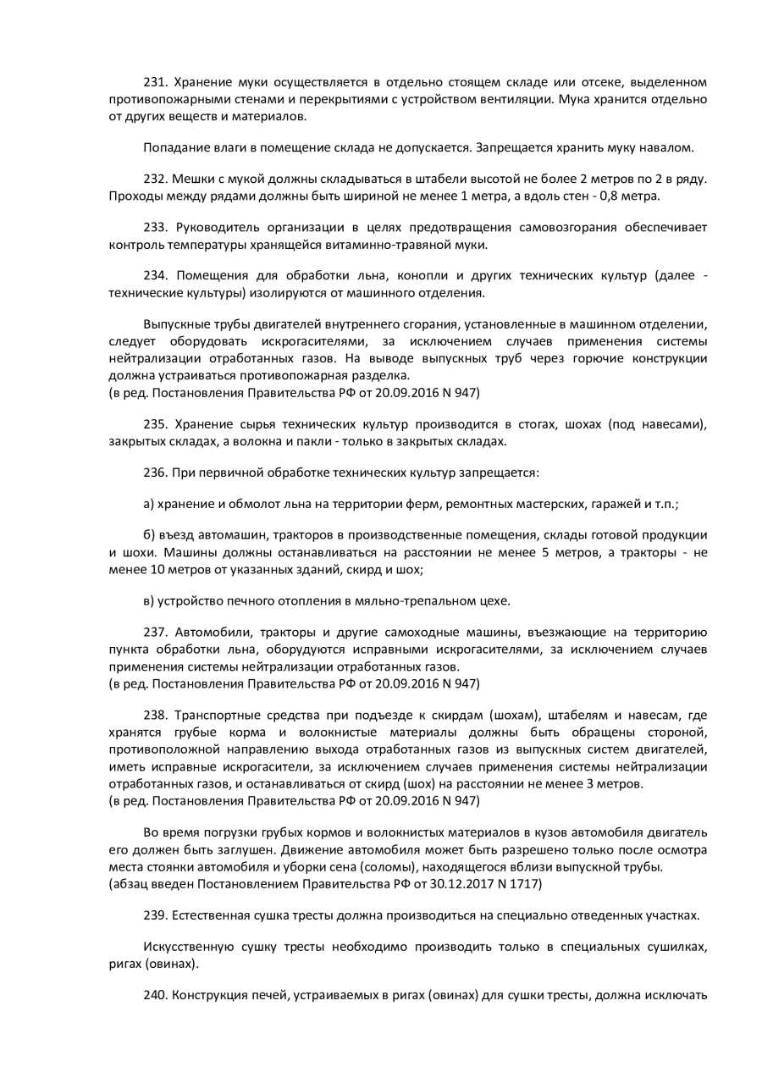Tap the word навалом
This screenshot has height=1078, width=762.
[670, 147]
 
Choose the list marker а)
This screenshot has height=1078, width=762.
[150, 504]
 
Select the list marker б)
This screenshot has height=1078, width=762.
[150, 536]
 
